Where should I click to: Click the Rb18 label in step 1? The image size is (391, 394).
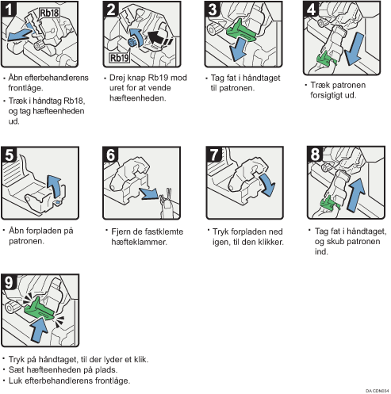pos(49,13)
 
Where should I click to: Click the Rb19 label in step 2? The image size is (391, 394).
pos(120,58)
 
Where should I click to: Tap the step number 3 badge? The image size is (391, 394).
pos(213,10)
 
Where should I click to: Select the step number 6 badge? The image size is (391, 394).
pos(111,155)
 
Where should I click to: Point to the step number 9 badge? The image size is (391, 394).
pos(10,282)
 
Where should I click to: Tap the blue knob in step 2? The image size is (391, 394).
pos(132,42)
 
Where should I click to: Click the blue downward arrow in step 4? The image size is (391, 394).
pos(355,49)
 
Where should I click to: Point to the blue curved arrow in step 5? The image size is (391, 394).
pos(54,186)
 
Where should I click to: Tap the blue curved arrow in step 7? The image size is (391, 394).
pos(268,185)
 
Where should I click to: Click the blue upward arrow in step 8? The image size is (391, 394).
pos(356,195)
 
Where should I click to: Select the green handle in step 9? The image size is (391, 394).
pos(39,310)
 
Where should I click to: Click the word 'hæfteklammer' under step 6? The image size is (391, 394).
pos(139,242)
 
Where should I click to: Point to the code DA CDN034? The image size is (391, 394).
pos(378,391)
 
